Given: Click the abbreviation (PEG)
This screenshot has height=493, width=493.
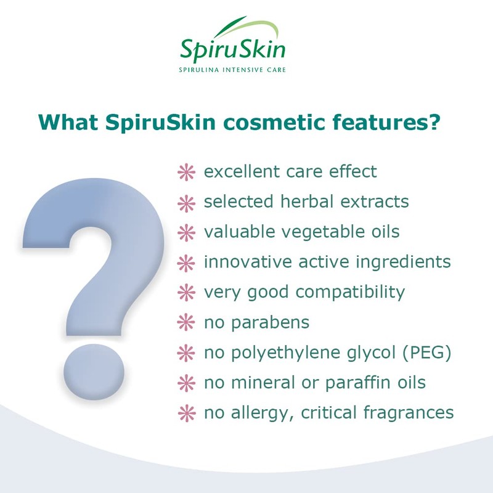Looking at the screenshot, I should point(425,352).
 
